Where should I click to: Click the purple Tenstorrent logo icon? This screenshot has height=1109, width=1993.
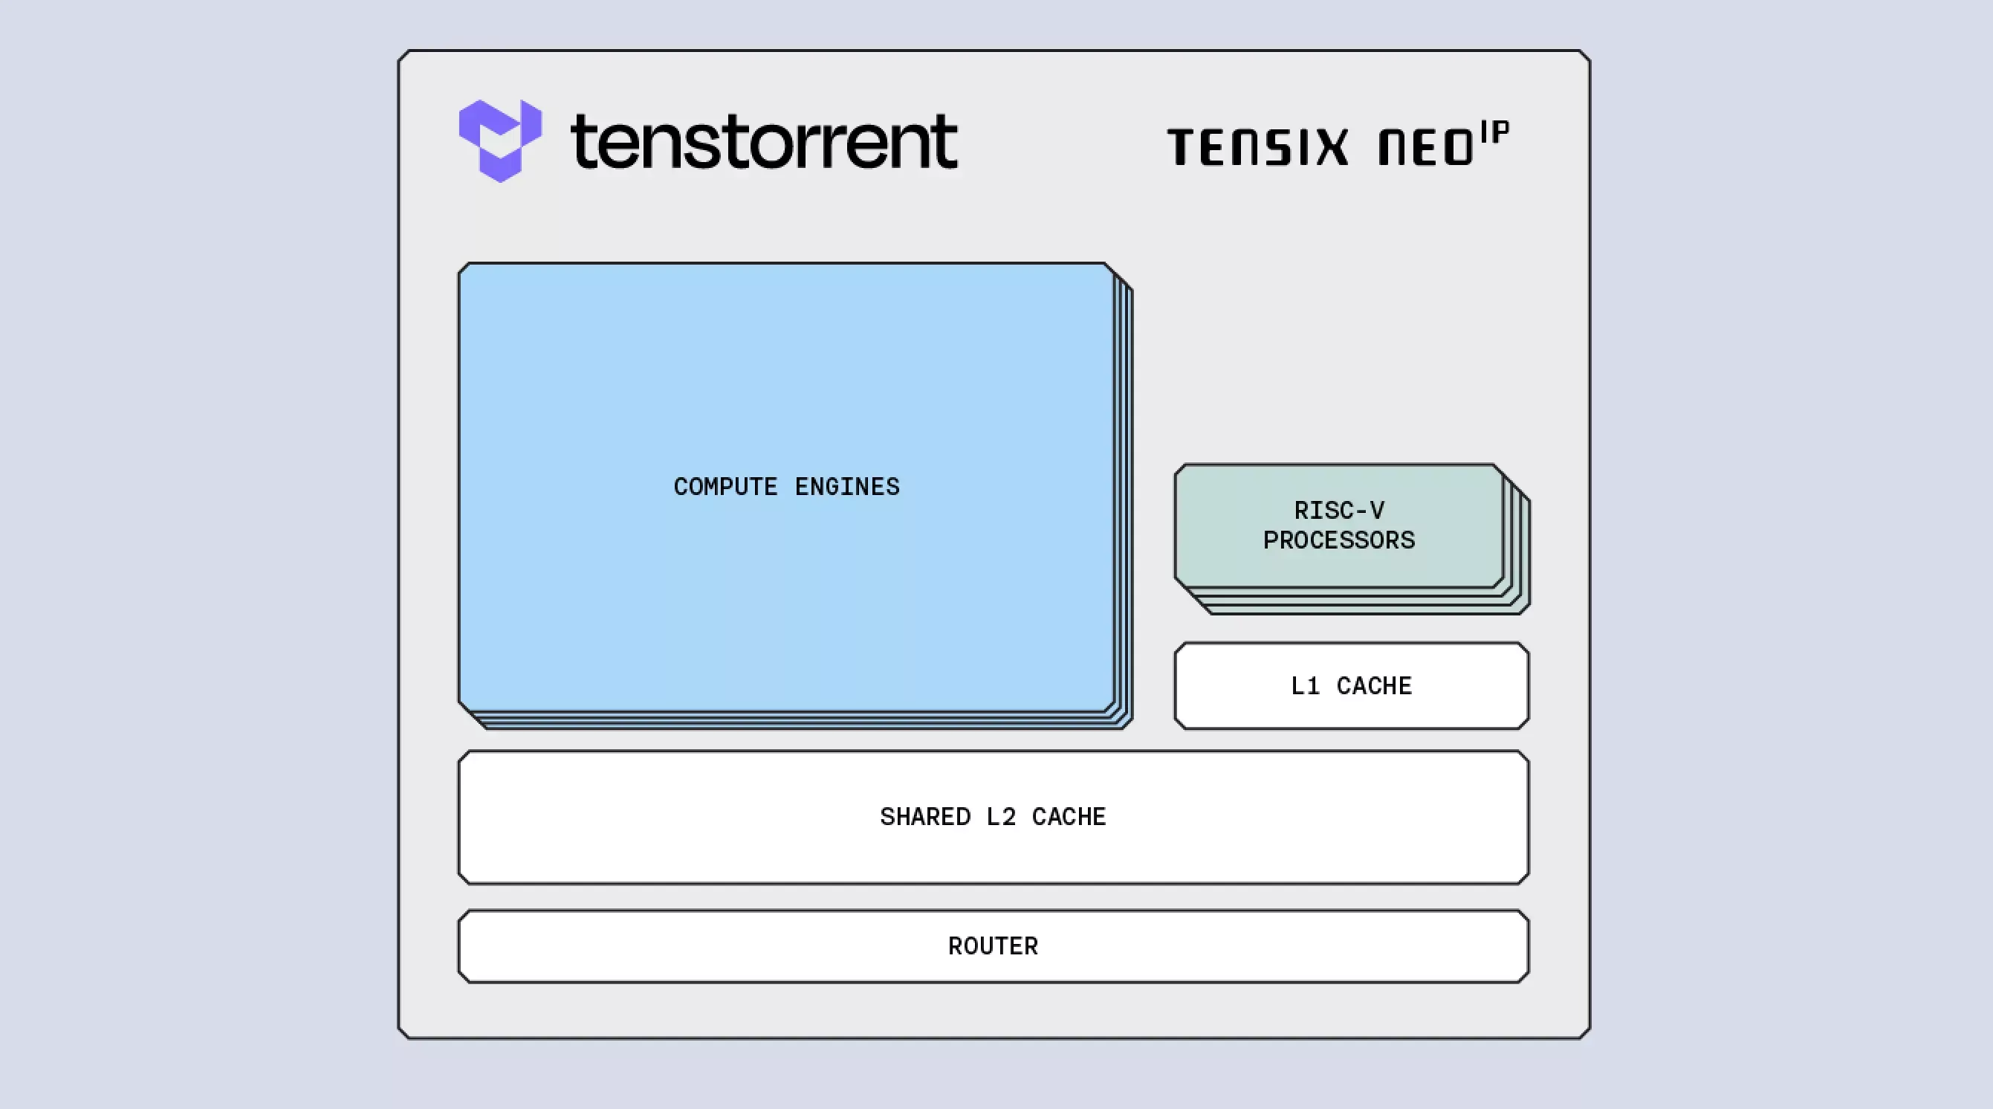pyautogui.click(x=500, y=140)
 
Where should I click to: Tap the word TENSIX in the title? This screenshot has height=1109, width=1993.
pyautogui.click(x=1257, y=147)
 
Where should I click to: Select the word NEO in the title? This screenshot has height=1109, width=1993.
pyautogui.click(x=1426, y=147)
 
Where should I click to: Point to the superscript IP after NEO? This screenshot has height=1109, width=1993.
pyautogui.click(x=1495, y=134)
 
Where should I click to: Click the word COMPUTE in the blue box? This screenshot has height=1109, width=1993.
pyautogui.click(x=725, y=487)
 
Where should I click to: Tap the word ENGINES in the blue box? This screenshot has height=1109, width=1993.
pyautogui.click(x=847, y=487)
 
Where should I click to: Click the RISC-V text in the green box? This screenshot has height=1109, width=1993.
pyautogui.click(x=1339, y=511)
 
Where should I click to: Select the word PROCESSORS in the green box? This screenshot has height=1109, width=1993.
pyautogui.click(x=1339, y=540)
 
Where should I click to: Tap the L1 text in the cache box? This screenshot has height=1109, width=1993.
pyautogui.click(x=1304, y=685)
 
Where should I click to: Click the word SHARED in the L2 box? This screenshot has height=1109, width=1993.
pyautogui.click(x=924, y=817)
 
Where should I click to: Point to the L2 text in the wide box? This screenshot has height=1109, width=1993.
pyautogui.click(x=1000, y=817)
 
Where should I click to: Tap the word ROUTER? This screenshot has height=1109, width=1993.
pyautogui.click(x=994, y=946)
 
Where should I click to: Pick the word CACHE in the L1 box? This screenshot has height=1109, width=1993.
pyautogui.click(x=1374, y=685)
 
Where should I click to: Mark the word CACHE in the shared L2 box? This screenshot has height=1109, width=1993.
pyautogui.click(x=1069, y=817)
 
